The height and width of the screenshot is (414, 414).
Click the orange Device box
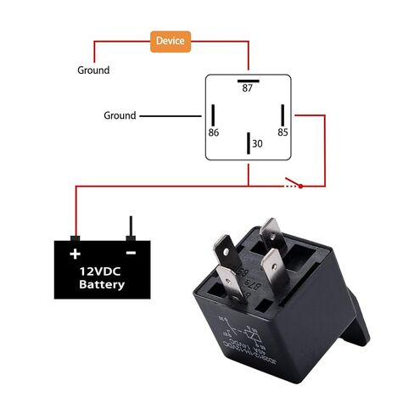tap(171, 40)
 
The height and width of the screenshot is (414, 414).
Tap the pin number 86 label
tap(214, 132)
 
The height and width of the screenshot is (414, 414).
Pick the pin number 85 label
tap(283, 132)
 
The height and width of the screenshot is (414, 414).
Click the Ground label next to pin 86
tap(120, 115)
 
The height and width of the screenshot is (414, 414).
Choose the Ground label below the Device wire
tap(93, 70)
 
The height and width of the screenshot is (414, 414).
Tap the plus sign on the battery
tap(76, 253)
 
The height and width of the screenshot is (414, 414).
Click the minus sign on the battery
tap(131, 253)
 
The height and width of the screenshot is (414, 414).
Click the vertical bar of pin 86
tap(215, 115)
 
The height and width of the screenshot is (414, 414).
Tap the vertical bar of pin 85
tap(282, 115)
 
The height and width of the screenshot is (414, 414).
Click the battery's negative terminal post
tap(131, 227)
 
